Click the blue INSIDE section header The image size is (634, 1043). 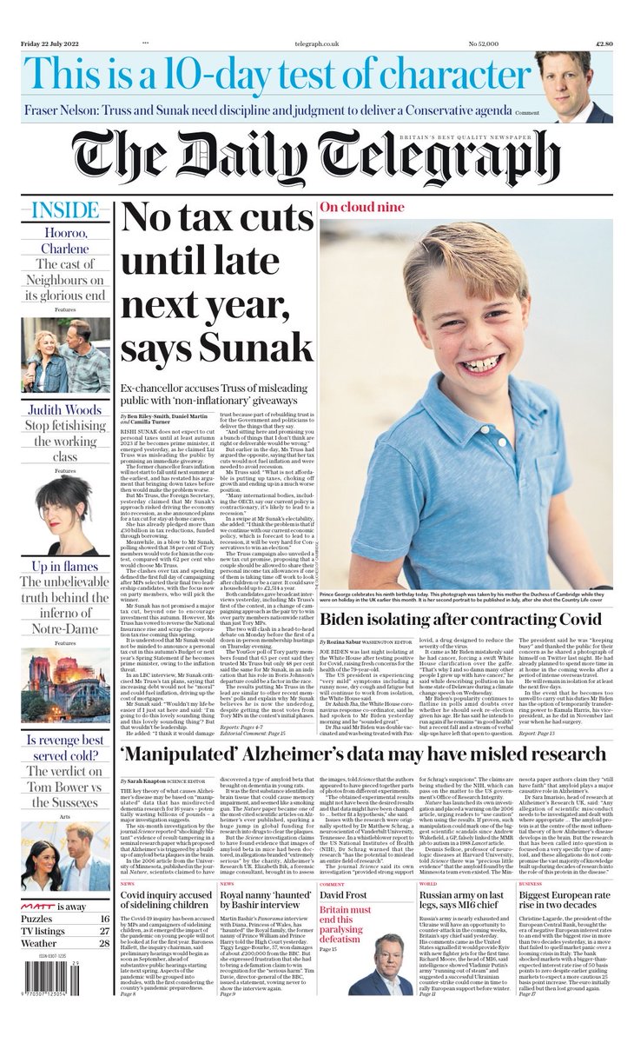tap(65, 211)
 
